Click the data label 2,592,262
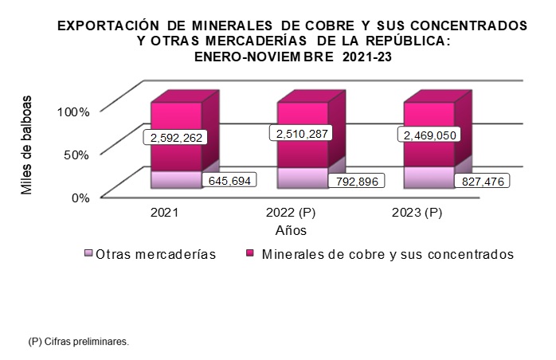(175, 138)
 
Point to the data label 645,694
(230, 181)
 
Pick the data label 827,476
(482, 181)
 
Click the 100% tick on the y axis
(74, 112)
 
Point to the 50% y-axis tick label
(77, 155)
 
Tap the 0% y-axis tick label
(81, 198)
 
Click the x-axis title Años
(292, 230)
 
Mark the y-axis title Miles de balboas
(28, 146)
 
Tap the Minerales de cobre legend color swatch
(249, 254)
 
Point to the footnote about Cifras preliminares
(77, 341)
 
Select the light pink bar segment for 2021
(175, 179)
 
